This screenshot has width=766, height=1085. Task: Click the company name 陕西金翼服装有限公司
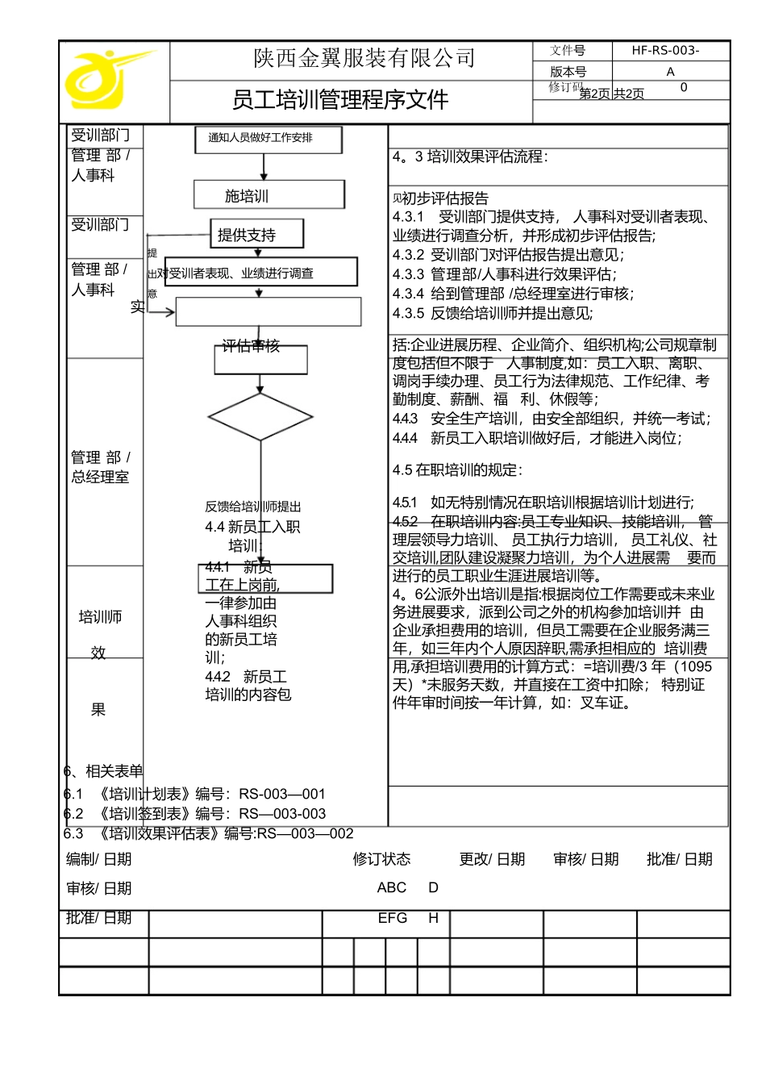[364, 59]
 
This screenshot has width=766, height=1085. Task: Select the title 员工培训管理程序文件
[340, 100]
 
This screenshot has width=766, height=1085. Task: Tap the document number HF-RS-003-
[665, 51]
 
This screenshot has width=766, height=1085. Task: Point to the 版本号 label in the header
[568, 72]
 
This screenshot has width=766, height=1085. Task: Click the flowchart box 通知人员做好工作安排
[268, 139]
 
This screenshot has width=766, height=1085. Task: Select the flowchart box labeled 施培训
[269, 195]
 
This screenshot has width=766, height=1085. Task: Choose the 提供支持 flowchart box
[256, 234]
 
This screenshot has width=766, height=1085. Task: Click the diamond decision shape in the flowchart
[260, 417]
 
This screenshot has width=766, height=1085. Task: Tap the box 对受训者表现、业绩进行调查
[260, 273]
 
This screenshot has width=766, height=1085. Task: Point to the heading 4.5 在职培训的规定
[457, 469]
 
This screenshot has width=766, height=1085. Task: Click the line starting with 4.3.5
[492, 313]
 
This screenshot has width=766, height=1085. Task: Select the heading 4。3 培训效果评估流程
[470, 156]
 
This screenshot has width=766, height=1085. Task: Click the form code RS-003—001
[282, 794]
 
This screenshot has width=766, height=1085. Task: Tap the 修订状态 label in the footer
[381, 859]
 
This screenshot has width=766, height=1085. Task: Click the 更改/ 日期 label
[492, 859]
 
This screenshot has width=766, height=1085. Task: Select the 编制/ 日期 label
[98, 859]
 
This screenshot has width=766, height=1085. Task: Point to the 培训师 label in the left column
[100, 617]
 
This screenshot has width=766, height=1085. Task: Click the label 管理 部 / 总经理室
[100, 467]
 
